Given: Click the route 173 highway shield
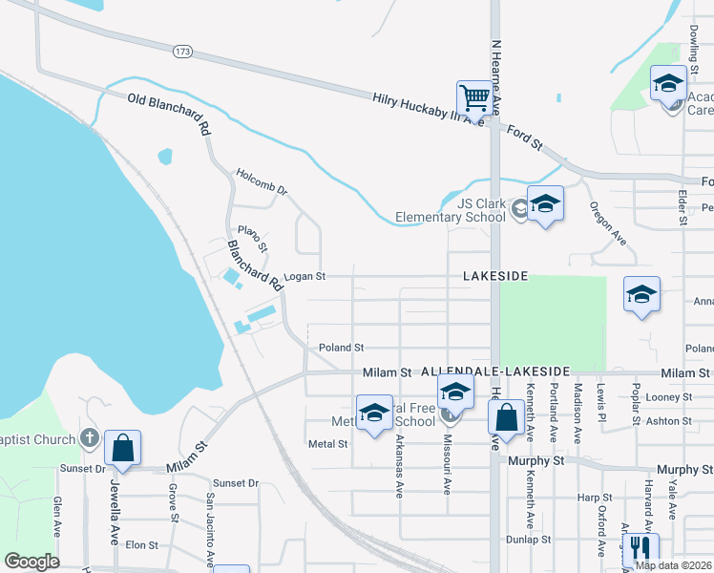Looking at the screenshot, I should [x=181, y=51].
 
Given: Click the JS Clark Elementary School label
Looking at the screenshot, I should [x=481, y=209].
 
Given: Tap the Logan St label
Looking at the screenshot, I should [x=305, y=277].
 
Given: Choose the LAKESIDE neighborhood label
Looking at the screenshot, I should [x=495, y=275].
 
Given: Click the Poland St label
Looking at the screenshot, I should [x=342, y=348].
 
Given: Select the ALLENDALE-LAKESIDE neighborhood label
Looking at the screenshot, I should [x=494, y=370].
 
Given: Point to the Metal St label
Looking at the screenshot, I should [x=327, y=444].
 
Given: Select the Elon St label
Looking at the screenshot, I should [x=141, y=544].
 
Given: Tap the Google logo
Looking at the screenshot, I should [x=31, y=562].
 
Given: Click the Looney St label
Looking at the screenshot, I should [x=668, y=396].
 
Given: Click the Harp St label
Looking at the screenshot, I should [x=594, y=498].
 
